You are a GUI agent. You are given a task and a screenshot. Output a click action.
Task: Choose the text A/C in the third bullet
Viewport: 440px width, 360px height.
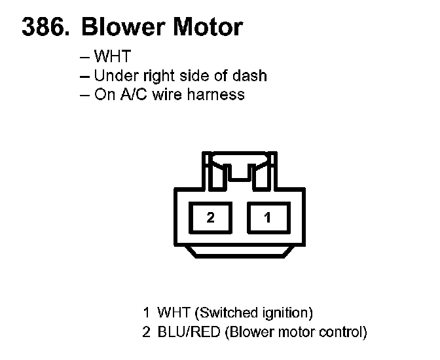click(135, 94)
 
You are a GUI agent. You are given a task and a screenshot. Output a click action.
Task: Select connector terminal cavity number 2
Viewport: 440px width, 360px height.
click(210, 218)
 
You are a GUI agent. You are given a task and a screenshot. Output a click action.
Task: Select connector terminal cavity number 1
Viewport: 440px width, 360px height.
click(267, 218)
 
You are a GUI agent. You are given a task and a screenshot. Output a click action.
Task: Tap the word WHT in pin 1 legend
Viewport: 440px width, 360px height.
click(172, 312)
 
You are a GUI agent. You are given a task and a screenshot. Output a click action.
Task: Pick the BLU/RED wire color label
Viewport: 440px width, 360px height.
click(189, 332)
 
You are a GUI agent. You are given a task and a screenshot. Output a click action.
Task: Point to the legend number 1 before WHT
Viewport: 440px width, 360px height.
click(147, 312)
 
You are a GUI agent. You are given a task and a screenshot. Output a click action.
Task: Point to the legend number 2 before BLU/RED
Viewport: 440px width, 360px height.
click(147, 332)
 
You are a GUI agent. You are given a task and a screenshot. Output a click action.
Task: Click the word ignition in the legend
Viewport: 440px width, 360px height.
click(284, 312)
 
